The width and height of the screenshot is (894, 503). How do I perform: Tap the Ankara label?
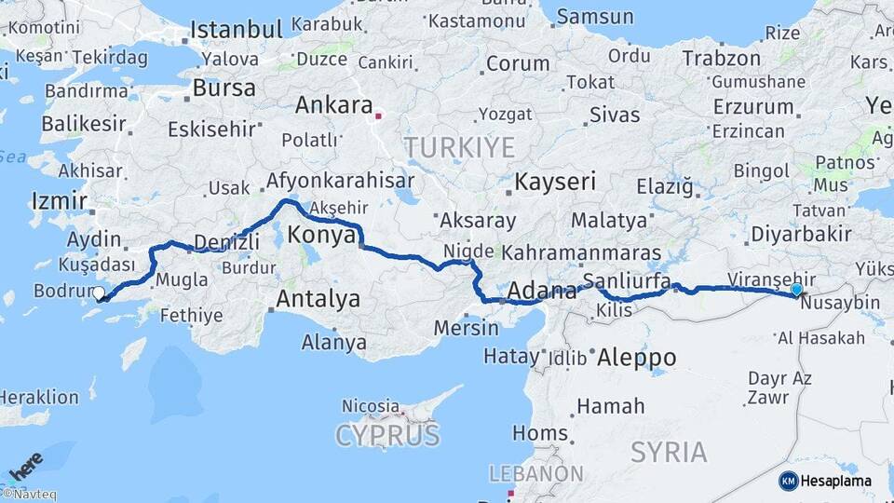coord(333,105)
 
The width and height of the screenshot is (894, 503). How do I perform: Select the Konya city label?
coord(321,236)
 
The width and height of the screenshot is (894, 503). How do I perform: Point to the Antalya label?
coord(318,300)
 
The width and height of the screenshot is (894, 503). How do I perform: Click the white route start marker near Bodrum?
coord(99,292)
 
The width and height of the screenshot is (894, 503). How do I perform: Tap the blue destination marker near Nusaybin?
coord(796,290)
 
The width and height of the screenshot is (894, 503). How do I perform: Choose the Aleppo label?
coord(636,358)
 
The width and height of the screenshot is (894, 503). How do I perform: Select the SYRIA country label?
coord(668,453)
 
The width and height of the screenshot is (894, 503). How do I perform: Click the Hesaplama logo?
coord(825,481)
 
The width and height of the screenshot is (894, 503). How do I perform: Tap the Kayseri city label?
coord(555,182)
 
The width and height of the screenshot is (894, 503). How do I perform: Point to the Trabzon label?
coord(722,58)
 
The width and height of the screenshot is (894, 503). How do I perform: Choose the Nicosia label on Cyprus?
coord(370,406)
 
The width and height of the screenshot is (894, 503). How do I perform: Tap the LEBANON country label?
coord(536,474)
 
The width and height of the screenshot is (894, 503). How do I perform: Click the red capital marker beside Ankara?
coord(377,116)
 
